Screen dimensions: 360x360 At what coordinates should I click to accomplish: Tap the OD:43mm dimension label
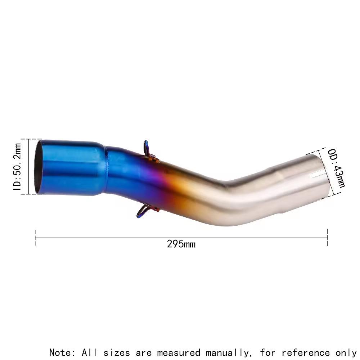(x=336, y=168)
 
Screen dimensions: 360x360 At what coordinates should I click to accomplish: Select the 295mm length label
(x=181, y=244)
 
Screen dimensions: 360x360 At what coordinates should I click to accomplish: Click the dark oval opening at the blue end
(x=38, y=167)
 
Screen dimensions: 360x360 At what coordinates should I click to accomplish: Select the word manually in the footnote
(x=227, y=352)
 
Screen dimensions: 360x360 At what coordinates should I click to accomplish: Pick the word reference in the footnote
(x=305, y=352)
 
